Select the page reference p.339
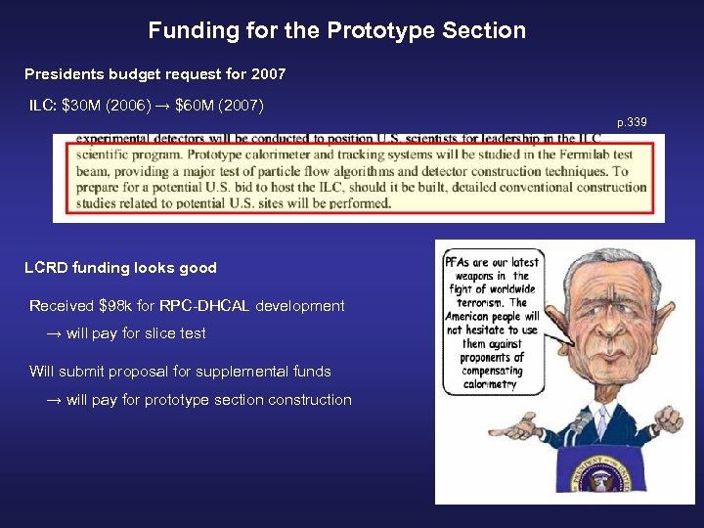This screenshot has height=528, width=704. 632,122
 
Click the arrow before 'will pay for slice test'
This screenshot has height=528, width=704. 55,333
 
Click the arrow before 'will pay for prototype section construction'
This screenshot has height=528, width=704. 55,400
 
